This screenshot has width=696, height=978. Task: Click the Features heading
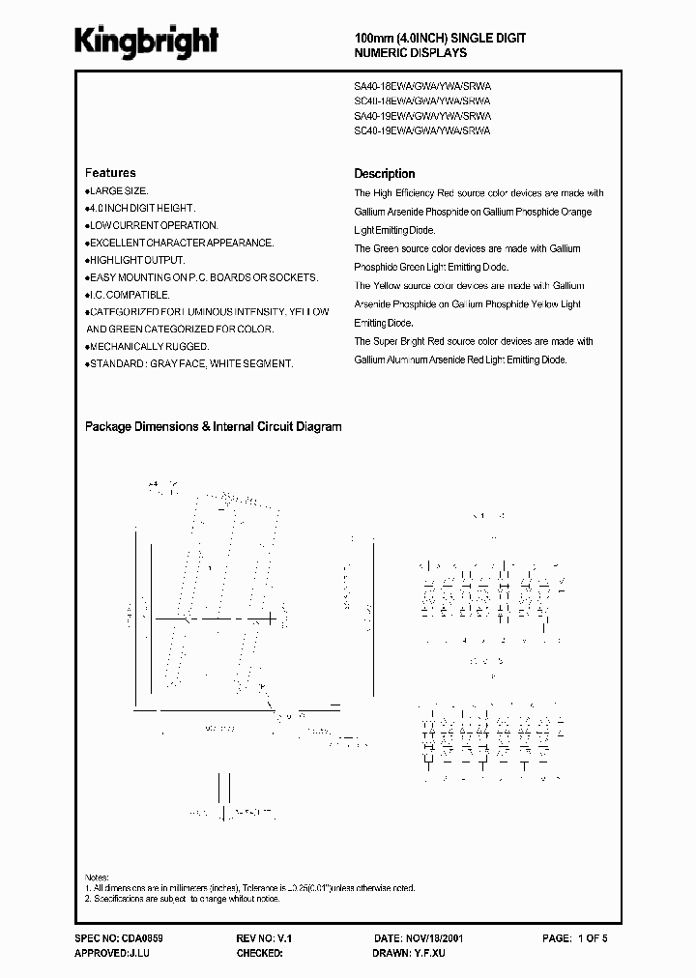pos(110,173)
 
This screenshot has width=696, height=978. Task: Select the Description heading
pos(384,174)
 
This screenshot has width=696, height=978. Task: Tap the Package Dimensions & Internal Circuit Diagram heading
pos(213,426)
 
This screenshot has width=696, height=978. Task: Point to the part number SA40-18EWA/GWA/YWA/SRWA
pos(422,85)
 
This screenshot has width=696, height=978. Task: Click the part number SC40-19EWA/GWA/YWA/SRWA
pos(422,129)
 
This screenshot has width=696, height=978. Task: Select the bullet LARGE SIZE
pos(117,191)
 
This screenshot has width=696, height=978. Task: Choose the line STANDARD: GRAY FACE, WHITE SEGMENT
pos(189,363)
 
